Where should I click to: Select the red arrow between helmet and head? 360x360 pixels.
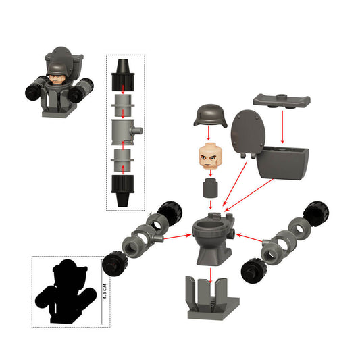(210, 135)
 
